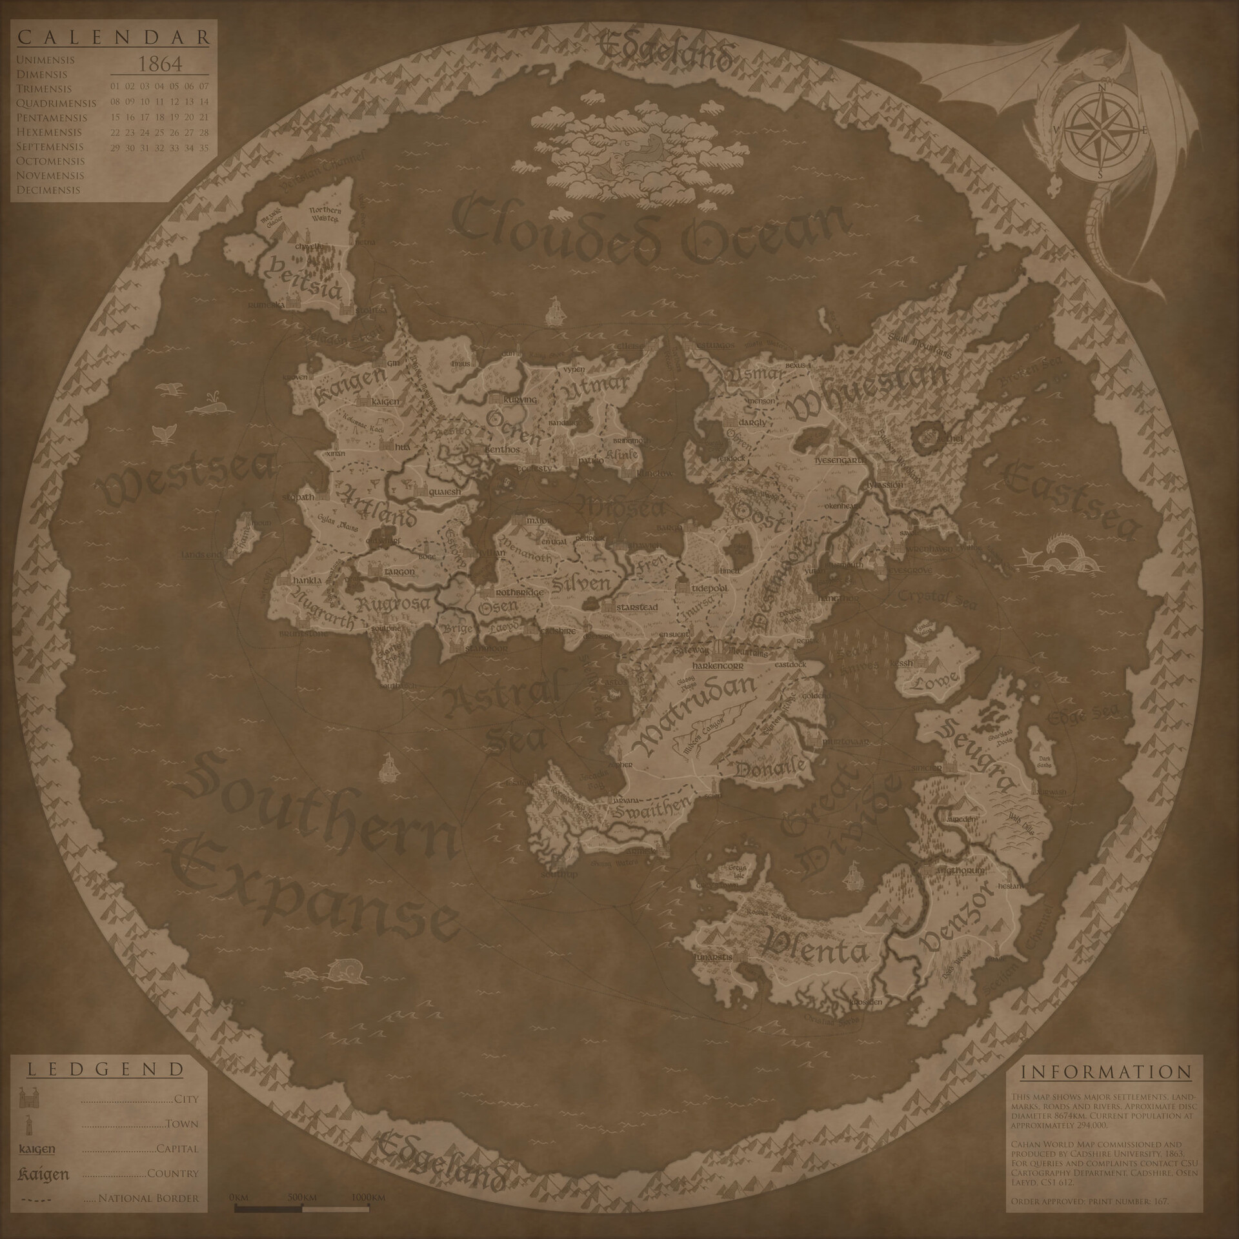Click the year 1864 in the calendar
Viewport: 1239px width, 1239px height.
pyautogui.click(x=160, y=64)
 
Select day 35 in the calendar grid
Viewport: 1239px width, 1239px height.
pyautogui.click(x=204, y=148)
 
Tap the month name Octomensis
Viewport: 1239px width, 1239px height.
pyautogui.click(x=50, y=161)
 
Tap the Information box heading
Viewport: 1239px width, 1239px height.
pyautogui.click(x=1105, y=1072)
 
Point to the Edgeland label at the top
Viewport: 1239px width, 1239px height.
pyautogui.click(x=665, y=52)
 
